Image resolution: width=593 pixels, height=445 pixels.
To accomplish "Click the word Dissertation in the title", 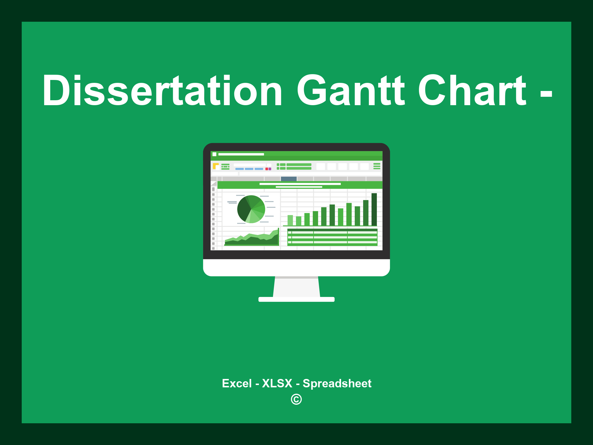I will click(x=162, y=90).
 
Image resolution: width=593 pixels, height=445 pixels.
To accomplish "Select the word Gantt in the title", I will click(x=350, y=90).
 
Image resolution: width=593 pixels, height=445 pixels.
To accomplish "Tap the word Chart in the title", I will click(x=472, y=90).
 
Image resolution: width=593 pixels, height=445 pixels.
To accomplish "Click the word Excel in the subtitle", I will click(x=237, y=384).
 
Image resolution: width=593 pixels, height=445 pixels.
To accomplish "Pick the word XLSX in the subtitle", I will click(x=277, y=384).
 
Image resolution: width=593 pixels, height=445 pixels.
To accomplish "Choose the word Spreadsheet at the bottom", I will click(x=337, y=384).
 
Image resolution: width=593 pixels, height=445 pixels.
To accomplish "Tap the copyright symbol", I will click(x=296, y=400).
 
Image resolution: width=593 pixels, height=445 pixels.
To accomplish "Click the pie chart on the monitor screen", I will click(x=251, y=209).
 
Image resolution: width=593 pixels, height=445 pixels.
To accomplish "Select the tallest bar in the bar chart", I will click(x=374, y=209).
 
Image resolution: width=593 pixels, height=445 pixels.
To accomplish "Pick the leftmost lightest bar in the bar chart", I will click(x=290, y=220).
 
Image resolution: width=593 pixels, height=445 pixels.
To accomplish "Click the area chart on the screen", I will click(x=251, y=239).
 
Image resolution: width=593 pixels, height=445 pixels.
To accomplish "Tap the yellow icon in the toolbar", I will click(x=215, y=166).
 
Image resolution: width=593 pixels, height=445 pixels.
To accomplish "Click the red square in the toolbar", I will click(x=267, y=169).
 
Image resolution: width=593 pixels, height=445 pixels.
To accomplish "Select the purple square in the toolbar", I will click(x=270, y=169).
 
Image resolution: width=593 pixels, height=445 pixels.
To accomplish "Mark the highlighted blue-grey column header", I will click(x=289, y=179).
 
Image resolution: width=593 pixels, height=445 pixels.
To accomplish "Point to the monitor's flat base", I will click(x=296, y=299).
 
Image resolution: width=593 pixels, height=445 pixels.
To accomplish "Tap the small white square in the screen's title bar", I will click(x=215, y=154).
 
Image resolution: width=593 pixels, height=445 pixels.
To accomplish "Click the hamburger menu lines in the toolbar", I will click(x=377, y=166).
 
